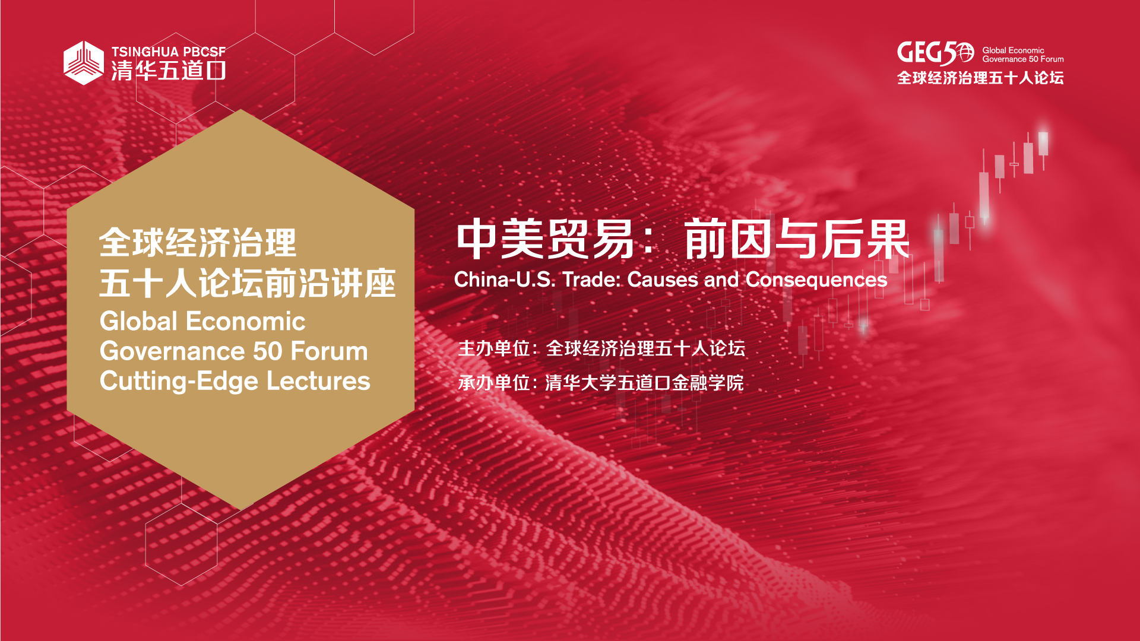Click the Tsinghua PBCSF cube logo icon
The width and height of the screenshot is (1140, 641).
coord(84,63)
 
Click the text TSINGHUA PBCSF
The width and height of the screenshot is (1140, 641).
coord(169,52)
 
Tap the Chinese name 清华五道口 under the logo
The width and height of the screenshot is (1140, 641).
coord(169,71)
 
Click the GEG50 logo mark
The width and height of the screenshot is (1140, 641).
coord(935,53)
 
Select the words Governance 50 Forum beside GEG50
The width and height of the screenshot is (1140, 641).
coord(1023,59)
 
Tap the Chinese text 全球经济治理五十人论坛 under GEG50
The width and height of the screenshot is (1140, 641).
coord(980,78)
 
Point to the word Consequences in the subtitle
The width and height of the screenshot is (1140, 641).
coord(816,280)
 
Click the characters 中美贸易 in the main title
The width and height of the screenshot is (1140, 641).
coord(546,239)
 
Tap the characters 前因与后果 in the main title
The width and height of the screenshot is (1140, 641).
coord(797,239)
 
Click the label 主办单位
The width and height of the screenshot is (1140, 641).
coord(493,348)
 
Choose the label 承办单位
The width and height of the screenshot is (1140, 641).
coord(493,383)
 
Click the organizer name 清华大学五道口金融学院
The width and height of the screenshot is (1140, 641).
coord(644,383)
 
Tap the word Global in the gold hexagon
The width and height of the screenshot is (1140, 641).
coord(138,321)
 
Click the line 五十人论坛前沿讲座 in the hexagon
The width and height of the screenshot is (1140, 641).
coord(248,283)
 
